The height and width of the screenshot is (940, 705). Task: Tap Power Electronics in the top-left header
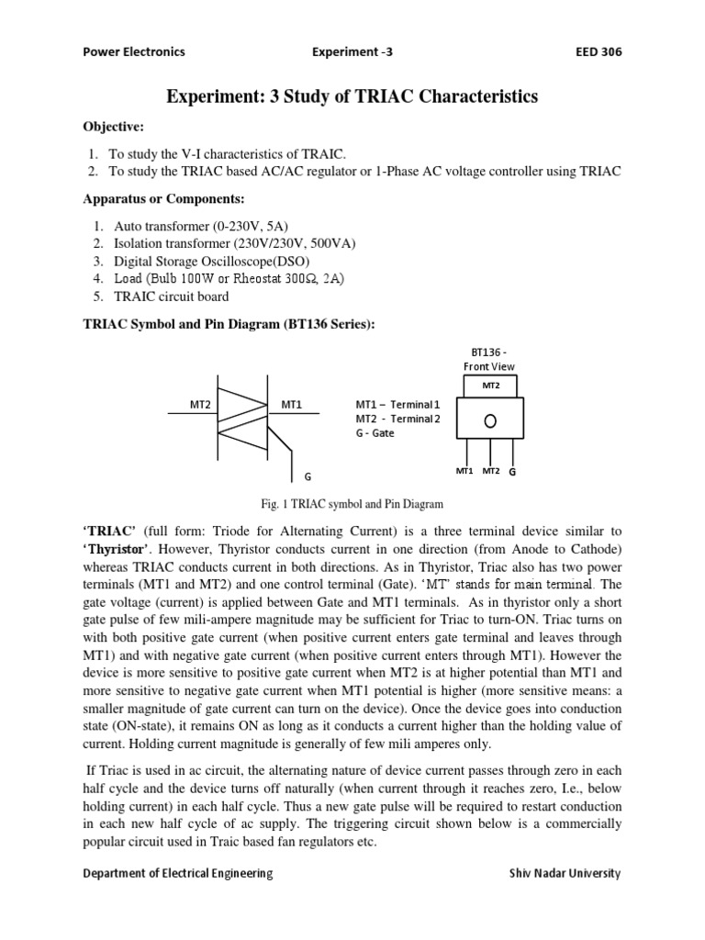click(133, 51)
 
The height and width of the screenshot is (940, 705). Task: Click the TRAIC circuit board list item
click(171, 297)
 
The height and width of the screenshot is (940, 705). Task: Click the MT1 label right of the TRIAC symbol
click(292, 404)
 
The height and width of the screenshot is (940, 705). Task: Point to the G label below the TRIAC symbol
click(308, 476)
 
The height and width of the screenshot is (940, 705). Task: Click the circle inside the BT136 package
click(491, 420)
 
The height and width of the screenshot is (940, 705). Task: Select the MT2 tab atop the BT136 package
click(491, 386)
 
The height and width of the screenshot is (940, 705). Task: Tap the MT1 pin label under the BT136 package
click(464, 471)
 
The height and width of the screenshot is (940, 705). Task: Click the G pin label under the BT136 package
click(512, 471)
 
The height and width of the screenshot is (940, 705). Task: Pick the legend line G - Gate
click(375, 433)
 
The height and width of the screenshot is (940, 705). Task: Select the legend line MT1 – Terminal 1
click(398, 404)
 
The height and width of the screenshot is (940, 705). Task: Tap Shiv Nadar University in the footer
click(565, 873)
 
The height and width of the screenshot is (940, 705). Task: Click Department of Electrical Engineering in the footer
click(178, 873)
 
